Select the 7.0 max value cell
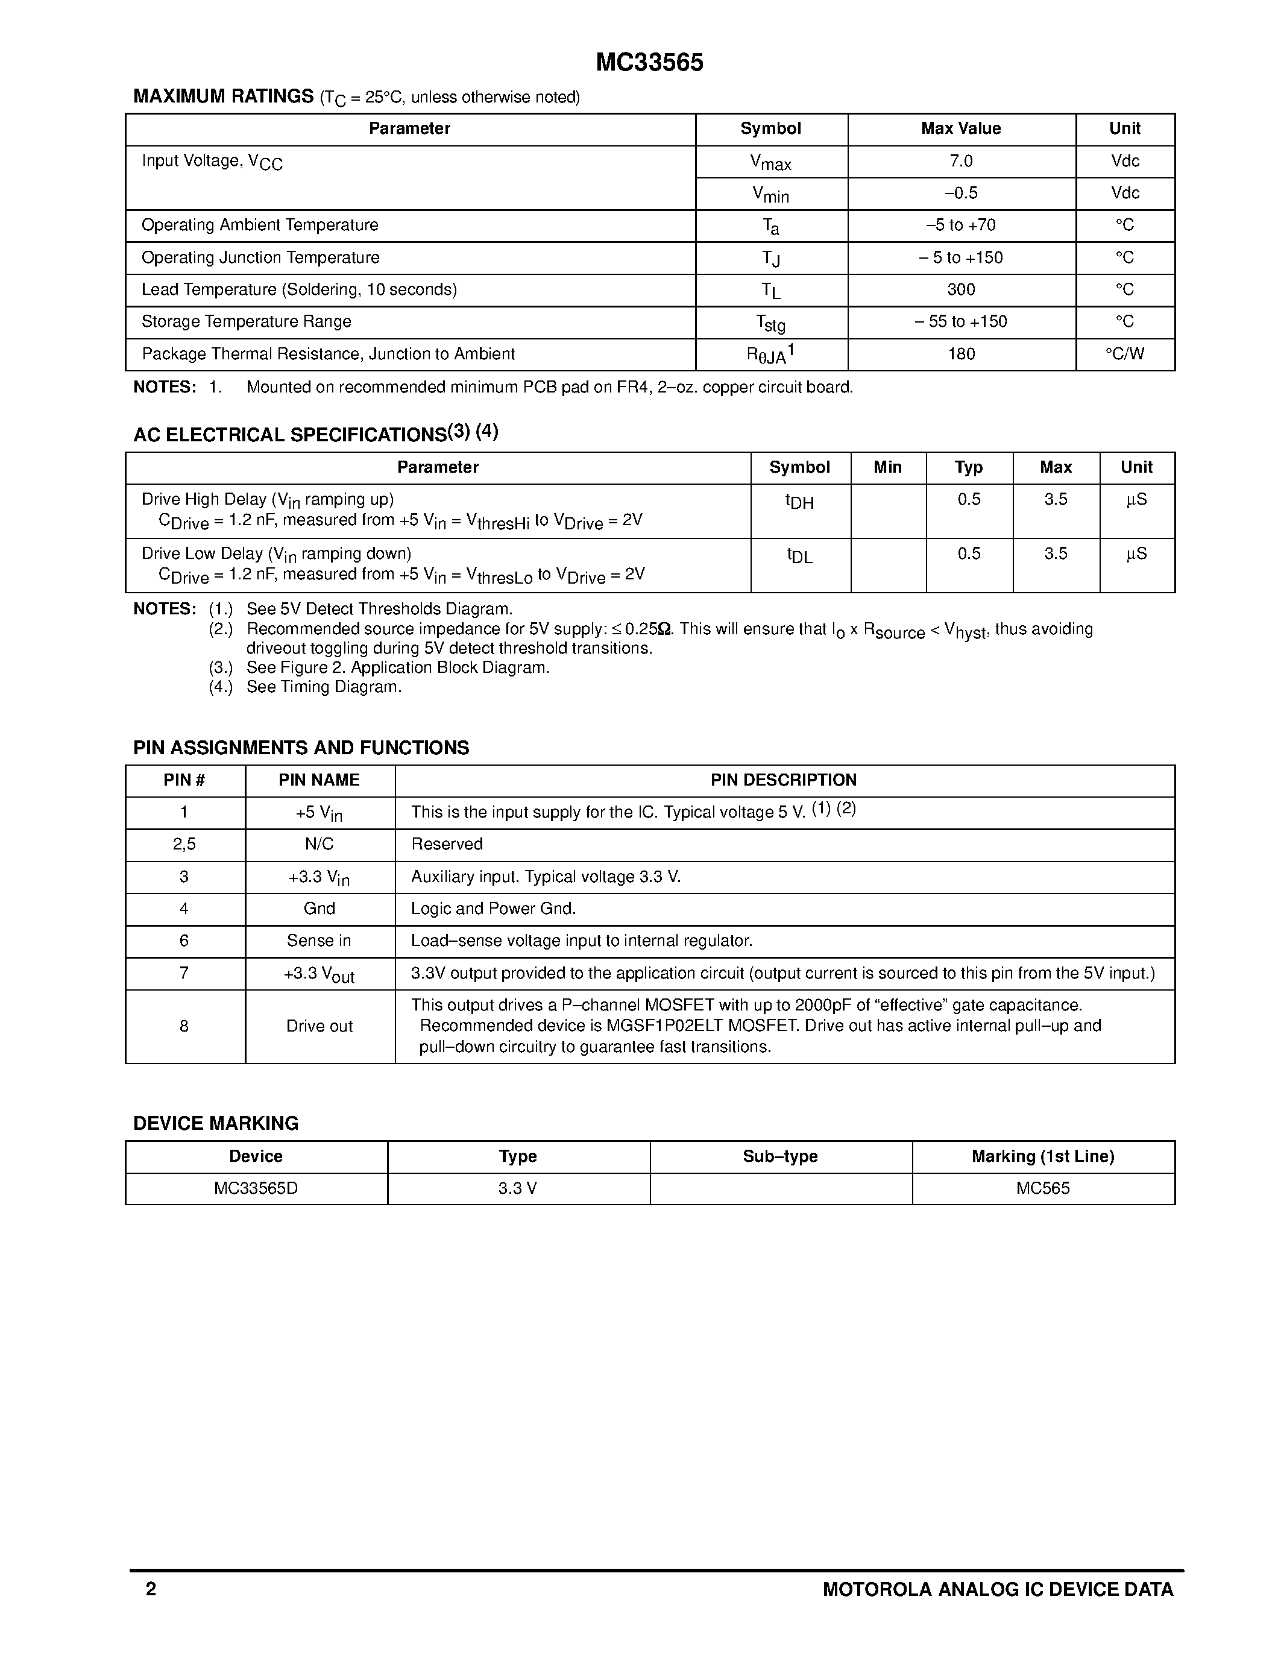pos(961,161)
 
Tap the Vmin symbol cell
pos(770,194)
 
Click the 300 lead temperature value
pos(961,289)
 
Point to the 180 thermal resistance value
pos(961,354)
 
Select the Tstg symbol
pos(770,323)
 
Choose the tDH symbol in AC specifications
pos(799,502)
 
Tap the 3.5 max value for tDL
pos(1055,553)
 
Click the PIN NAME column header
pos(319,780)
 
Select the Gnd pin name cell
pos(319,909)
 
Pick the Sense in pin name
pos(319,941)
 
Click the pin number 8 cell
pos(184,1026)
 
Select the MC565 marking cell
pos(1043,1188)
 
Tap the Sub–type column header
pos(780,1156)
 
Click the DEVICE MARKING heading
pos(216,1124)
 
